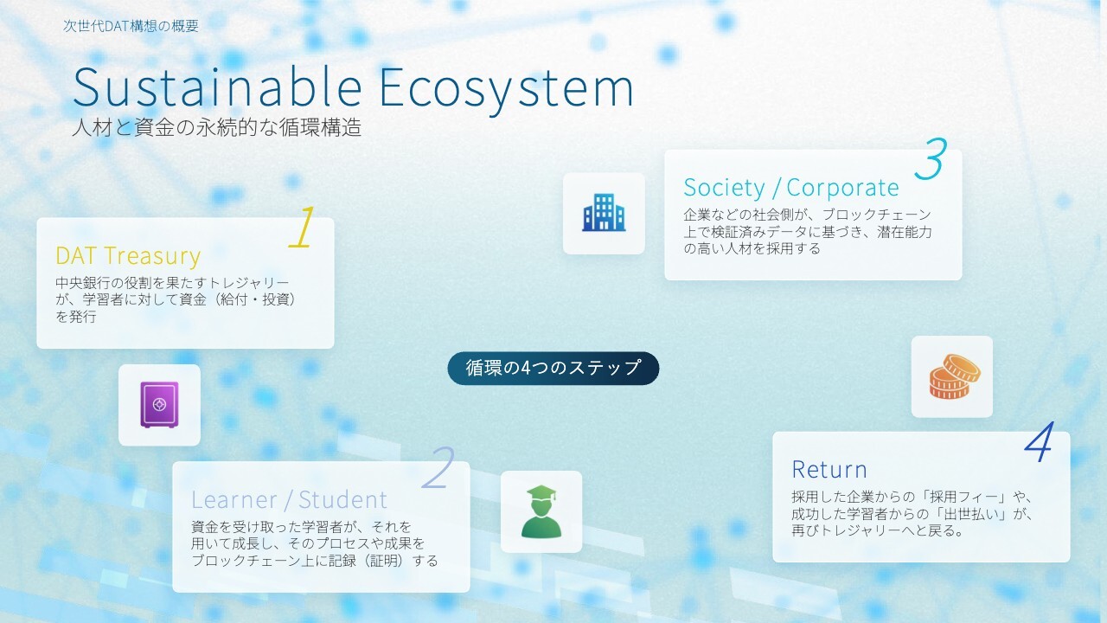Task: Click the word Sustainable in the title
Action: pos(217,87)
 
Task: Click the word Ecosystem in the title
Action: pos(507,90)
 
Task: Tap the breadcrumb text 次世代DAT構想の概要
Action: pos(131,26)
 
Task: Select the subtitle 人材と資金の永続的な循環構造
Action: pos(217,127)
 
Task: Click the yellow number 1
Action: pos(303,227)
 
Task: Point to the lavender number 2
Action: pos(438,468)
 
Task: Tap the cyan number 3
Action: pos(931,158)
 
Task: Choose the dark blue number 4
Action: pos(1039,442)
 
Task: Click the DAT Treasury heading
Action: pos(128,255)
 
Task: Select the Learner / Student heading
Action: pos(289,499)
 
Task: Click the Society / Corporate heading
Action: pos(791,188)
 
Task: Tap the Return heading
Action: pos(829,469)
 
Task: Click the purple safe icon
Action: pos(159,405)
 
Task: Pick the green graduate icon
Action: pos(541,511)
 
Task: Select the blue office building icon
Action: pos(604,213)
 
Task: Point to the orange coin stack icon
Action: pos(955,376)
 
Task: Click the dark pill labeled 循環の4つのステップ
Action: pos(553,369)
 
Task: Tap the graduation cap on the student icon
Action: pos(541,493)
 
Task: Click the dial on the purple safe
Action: pos(159,404)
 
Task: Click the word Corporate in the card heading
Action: pos(842,188)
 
